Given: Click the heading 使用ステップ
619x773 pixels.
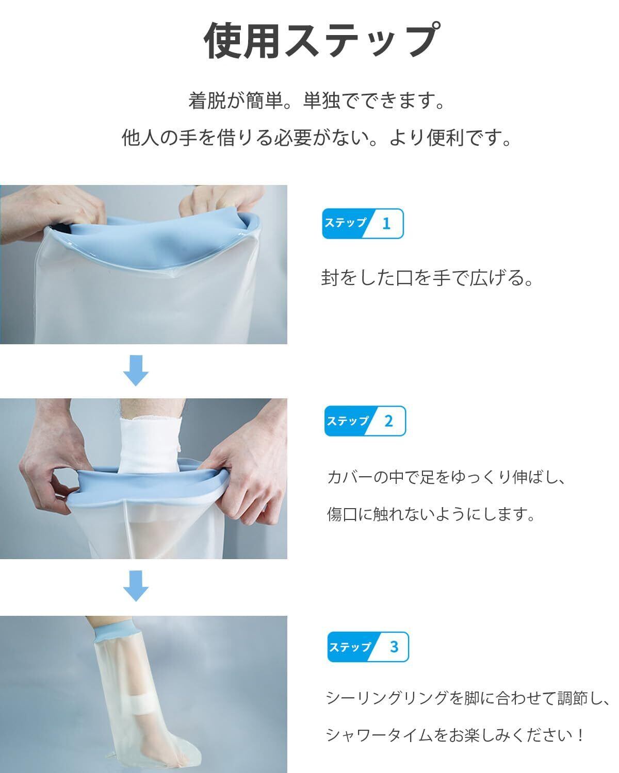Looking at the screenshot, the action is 321,40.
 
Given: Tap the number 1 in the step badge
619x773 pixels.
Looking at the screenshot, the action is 386,224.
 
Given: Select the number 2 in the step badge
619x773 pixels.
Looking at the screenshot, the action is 388,421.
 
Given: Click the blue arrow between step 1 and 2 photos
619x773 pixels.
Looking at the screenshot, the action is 136,371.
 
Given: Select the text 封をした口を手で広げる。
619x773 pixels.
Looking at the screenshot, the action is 427,278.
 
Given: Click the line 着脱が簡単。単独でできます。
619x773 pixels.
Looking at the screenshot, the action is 317,100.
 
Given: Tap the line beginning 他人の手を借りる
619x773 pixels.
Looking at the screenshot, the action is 317,138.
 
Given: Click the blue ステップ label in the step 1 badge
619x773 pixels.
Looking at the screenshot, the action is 345,223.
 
